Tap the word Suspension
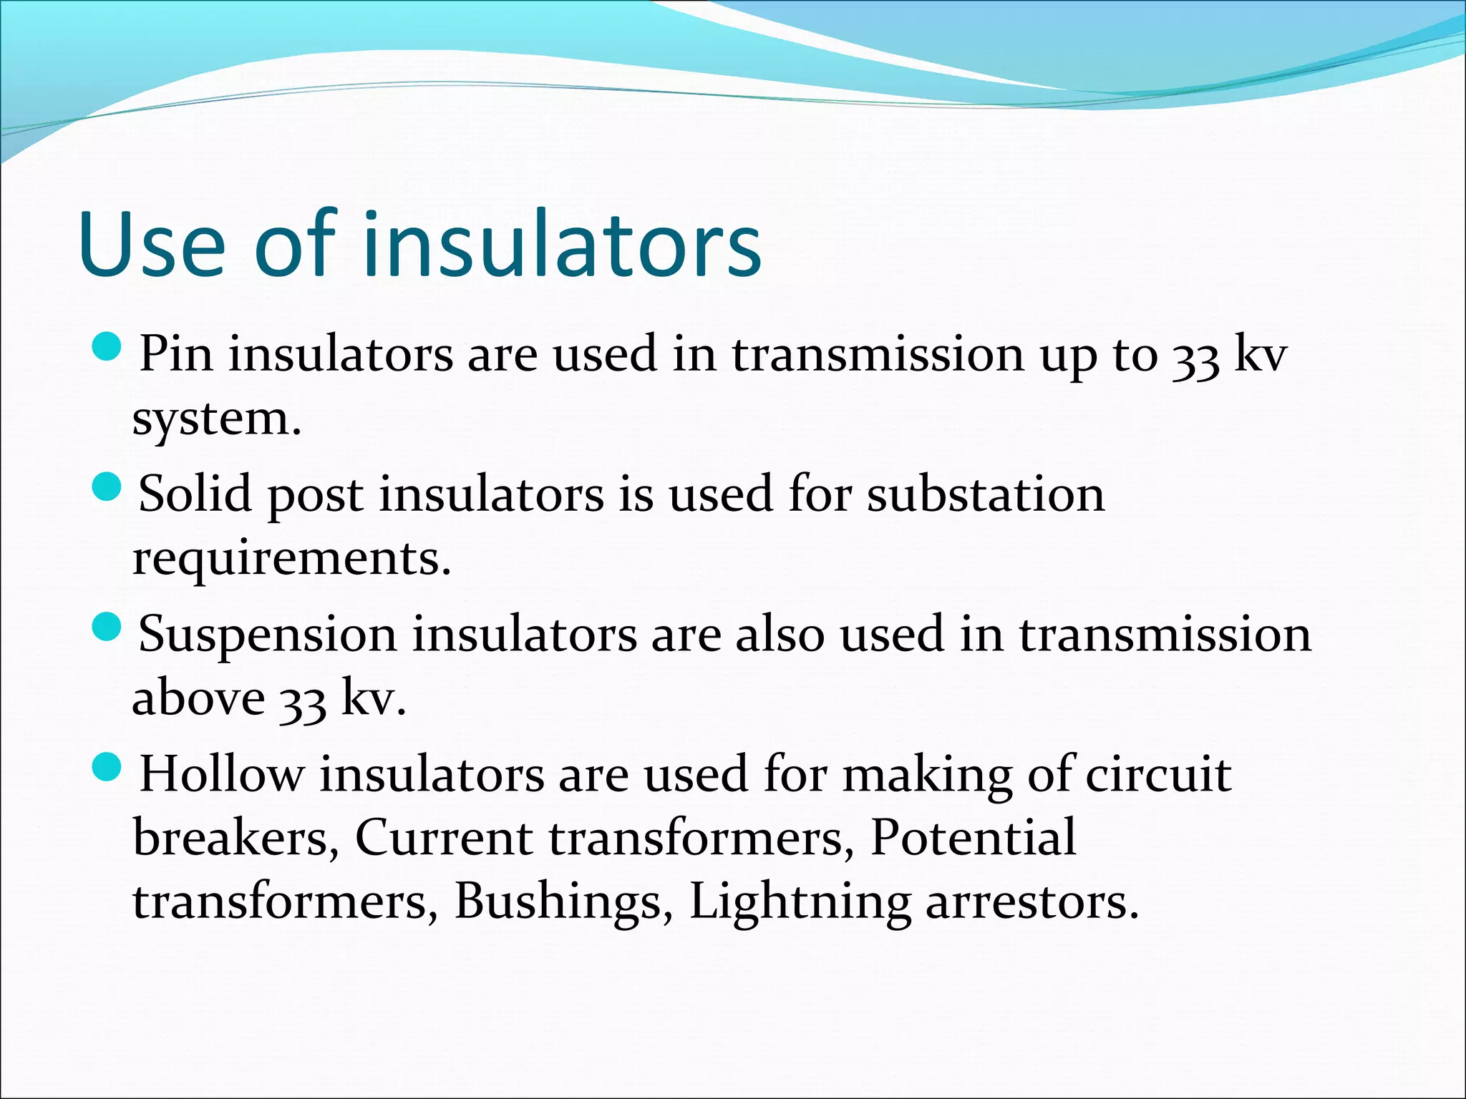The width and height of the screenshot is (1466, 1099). (x=267, y=635)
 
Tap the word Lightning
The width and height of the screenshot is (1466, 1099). (x=800, y=902)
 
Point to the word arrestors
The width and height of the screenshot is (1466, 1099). (x=1031, y=902)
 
